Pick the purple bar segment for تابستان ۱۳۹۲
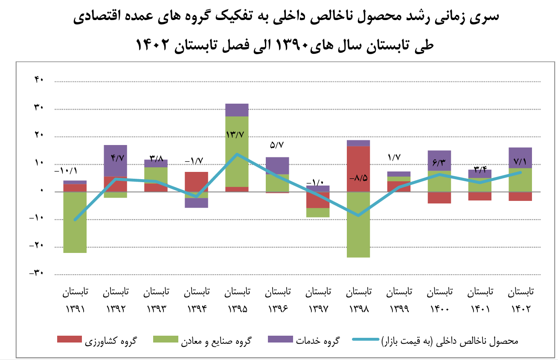coord(115,160)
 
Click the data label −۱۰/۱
coord(66,171)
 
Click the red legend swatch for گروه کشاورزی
coord(69,339)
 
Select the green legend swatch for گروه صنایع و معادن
coord(166,339)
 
